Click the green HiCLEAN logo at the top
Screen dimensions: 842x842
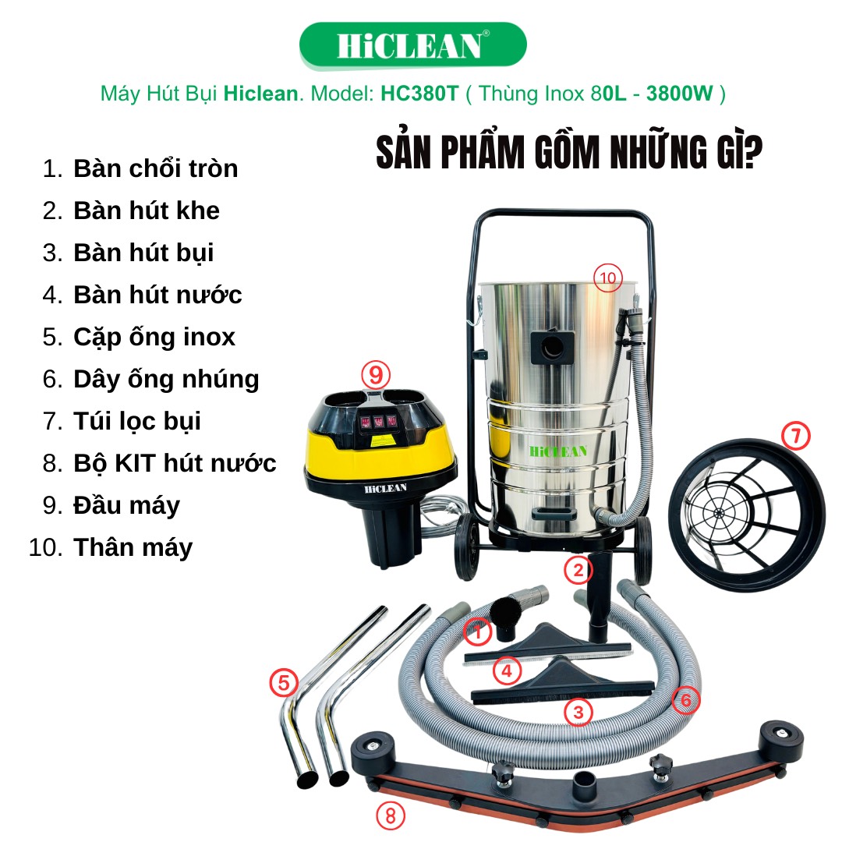point(412,45)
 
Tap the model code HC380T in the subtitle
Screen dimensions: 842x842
point(419,94)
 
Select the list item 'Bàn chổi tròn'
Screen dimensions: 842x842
point(156,168)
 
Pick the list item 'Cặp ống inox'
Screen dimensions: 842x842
point(154,338)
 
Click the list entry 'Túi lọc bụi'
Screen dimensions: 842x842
point(137,421)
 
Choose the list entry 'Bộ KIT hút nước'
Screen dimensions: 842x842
point(175,463)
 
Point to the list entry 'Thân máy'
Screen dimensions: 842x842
point(133,547)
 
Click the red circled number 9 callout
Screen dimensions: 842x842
point(376,374)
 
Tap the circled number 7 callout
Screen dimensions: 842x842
point(796,436)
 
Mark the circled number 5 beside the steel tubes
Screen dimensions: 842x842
point(284,682)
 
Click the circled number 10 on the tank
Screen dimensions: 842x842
point(608,278)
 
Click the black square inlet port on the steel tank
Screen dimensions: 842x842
point(552,348)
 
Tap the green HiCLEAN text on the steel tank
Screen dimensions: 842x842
point(558,451)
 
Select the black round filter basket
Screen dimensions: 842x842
point(747,515)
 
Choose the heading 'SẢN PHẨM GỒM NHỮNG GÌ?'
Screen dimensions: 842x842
point(569,152)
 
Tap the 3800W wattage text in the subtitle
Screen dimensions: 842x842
point(679,94)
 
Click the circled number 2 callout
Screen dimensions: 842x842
point(578,570)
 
